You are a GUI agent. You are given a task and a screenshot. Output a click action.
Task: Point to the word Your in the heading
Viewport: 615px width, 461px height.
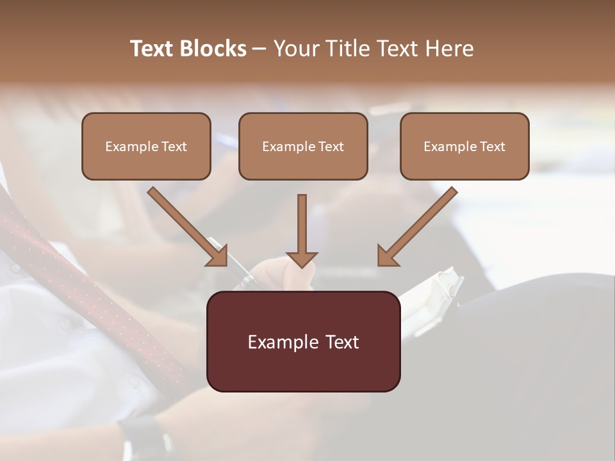(x=296, y=49)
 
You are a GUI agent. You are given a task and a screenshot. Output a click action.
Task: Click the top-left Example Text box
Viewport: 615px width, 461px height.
(x=146, y=146)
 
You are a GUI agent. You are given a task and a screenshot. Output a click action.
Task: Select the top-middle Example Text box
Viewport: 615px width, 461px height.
(x=303, y=146)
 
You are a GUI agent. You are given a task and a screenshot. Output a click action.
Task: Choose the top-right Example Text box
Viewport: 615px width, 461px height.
(x=464, y=146)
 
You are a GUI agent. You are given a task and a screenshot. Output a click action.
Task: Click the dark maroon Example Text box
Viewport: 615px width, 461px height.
(x=303, y=341)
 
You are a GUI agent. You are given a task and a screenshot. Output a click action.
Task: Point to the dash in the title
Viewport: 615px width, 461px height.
(x=259, y=49)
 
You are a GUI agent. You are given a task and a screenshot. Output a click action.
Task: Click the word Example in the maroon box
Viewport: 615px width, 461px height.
(x=280, y=342)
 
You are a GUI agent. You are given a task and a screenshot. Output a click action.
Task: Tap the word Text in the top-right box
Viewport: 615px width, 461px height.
(x=492, y=146)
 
